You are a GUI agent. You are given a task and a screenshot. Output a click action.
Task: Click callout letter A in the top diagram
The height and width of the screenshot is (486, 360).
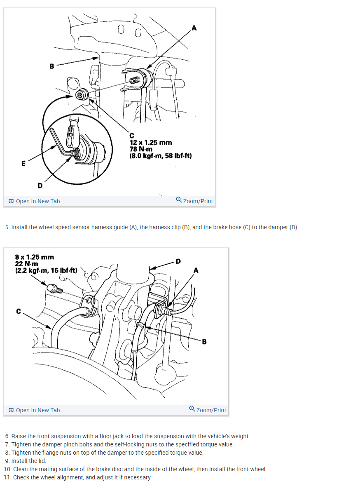(x=194, y=28)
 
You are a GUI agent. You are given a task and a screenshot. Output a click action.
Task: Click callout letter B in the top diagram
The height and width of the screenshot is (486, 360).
(x=52, y=66)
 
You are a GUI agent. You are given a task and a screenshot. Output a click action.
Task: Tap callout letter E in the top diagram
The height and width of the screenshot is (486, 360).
(x=23, y=163)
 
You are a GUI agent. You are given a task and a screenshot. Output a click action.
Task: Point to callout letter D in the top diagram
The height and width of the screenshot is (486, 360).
(x=40, y=185)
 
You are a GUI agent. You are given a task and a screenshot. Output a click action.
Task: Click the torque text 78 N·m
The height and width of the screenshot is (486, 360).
(x=141, y=149)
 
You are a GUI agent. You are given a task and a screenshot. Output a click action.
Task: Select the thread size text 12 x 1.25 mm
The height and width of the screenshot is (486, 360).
(x=151, y=143)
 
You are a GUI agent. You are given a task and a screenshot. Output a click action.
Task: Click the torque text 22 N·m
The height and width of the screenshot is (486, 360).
(x=26, y=264)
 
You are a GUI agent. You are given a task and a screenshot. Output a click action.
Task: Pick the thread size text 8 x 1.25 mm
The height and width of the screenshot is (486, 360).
(x=34, y=257)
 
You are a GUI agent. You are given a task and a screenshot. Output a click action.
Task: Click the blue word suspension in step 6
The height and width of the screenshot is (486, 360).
(x=66, y=436)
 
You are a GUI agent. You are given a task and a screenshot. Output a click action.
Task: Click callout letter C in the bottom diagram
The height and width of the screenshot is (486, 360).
(x=19, y=311)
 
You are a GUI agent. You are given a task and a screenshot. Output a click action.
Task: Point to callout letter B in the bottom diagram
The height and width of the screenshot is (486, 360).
(x=205, y=342)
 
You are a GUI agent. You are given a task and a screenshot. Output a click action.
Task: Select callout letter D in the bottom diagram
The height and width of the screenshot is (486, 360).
(x=178, y=261)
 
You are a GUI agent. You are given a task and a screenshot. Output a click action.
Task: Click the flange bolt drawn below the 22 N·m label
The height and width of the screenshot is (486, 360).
(x=55, y=289)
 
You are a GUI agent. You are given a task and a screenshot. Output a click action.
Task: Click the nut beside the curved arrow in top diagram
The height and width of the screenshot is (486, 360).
(x=81, y=95)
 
